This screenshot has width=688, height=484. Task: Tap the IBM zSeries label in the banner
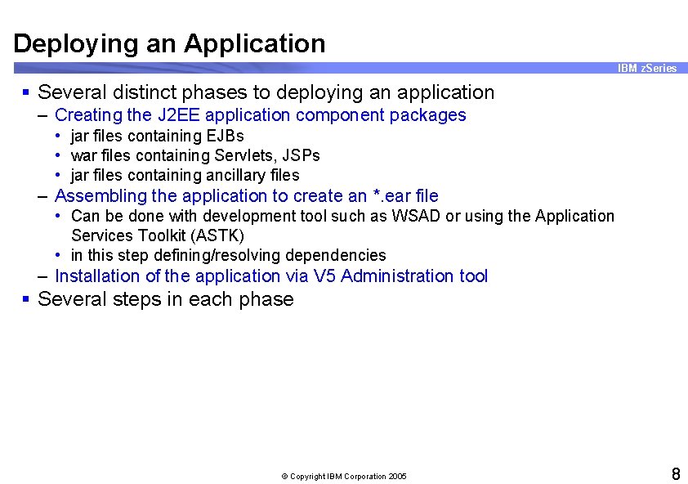coord(647,68)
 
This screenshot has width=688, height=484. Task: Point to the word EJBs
coord(225,136)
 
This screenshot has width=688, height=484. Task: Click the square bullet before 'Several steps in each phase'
coord(27,299)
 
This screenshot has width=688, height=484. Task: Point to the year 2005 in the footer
coord(397,477)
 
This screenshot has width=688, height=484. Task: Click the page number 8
coord(676,474)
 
